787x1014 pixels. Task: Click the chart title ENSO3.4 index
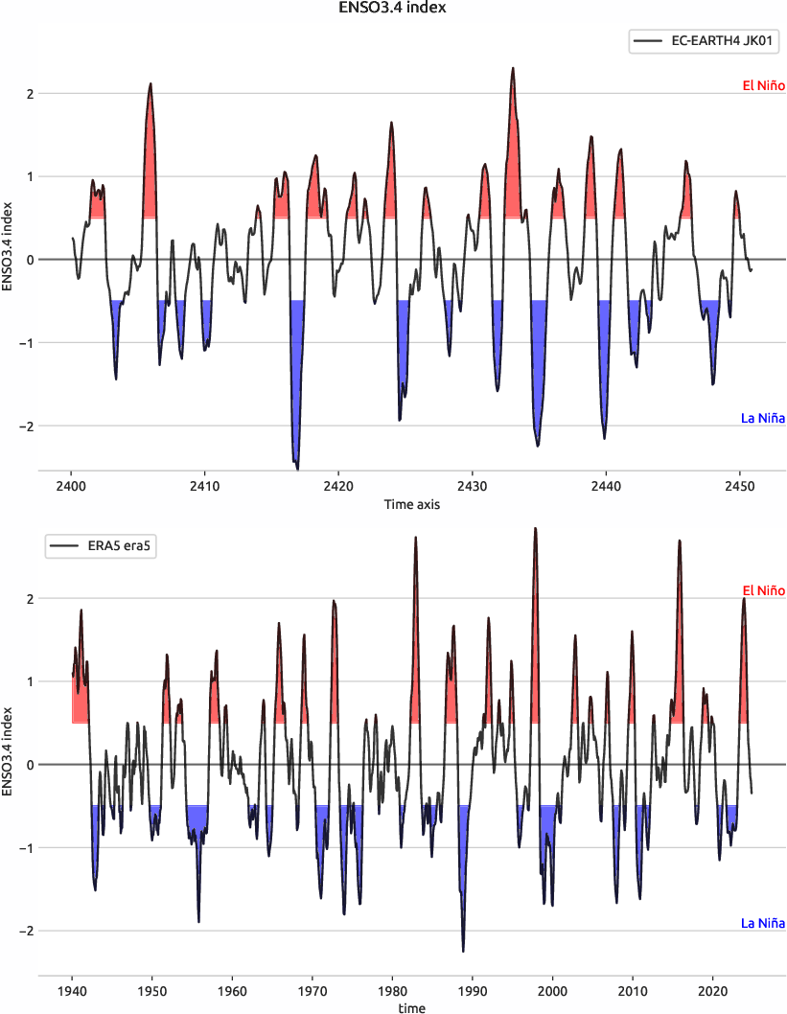click(x=393, y=9)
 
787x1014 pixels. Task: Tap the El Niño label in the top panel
click(x=763, y=86)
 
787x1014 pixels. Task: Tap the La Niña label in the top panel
click(x=763, y=418)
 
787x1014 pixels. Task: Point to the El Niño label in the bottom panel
click(x=763, y=590)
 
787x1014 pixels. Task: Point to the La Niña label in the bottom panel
click(x=763, y=923)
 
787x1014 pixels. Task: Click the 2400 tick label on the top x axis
click(x=72, y=486)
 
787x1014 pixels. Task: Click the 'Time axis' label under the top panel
click(x=412, y=504)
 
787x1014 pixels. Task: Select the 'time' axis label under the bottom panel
click(x=412, y=1007)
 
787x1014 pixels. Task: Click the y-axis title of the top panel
click(x=9, y=246)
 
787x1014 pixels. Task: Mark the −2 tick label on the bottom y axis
click(x=27, y=931)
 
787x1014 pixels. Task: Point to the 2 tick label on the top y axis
click(x=31, y=94)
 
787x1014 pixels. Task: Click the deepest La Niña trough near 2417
click(x=297, y=469)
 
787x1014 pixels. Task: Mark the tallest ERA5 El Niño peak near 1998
click(x=535, y=528)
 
